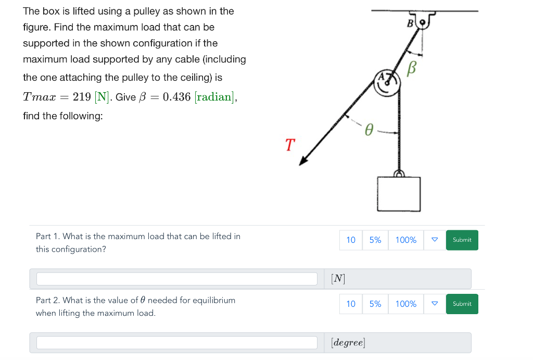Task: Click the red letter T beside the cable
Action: pyautogui.click(x=290, y=145)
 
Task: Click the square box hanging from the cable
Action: pyautogui.click(x=398, y=194)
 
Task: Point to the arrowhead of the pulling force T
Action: pyautogui.click(x=303, y=162)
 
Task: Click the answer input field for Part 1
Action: pyautogui.click(x=177, y=279)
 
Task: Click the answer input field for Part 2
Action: pyautogui.click(x=177, y=342)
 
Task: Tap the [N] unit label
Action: pyautogui.click(x=338, y=279)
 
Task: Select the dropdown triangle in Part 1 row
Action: pyautogui.click(x=435, y=240)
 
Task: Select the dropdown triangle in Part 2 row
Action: pyautogui.click(x=435, y=304)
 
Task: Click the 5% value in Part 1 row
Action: pyautogui.click(x=375, y=240)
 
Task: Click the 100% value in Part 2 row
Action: pyautogui.click(x=406, y=304)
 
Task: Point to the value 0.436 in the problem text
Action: pyautogui.click(x=176, y=97)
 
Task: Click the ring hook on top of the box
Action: pyautogui.click(x=399, y=173)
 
